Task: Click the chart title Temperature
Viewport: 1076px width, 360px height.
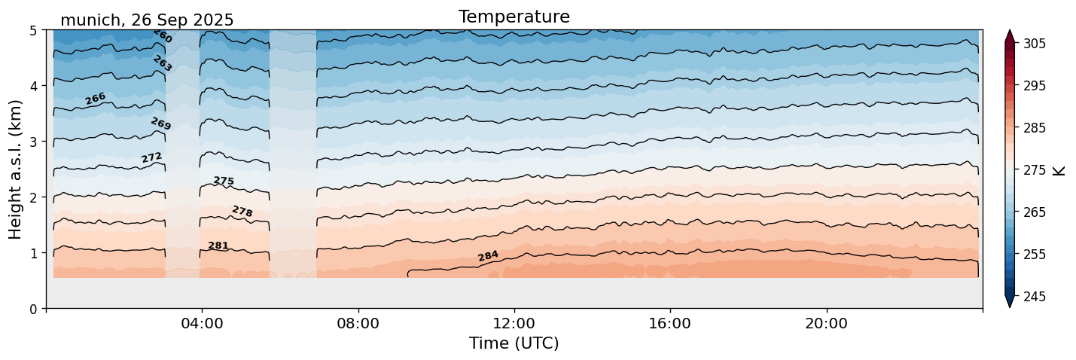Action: pos(514,17)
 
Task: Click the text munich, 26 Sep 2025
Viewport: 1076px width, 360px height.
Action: pos(147,20)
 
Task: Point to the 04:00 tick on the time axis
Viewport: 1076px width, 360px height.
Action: pos(202,323)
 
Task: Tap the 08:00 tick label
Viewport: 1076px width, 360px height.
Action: pos(358,323)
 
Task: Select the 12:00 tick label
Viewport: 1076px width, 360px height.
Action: pos(514,323)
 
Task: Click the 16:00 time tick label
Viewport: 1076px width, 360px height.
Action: pos(669,323)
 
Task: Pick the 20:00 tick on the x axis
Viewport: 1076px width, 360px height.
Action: pos(826,323)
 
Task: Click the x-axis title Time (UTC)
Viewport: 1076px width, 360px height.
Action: pos(514,343)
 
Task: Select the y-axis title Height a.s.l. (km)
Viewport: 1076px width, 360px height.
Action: pos(16,169)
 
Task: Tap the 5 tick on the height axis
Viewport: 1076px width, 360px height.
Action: pos(34,30)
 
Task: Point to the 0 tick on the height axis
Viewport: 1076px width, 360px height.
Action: pos(34,308)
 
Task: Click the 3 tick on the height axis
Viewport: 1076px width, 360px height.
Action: pos(34,142)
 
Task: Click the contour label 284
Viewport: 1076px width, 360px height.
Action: pos(488,256)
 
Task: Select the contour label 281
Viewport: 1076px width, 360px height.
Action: pos(218,246)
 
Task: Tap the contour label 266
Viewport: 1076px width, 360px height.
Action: pos(95,99)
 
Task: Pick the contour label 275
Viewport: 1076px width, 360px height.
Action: pos(224,181)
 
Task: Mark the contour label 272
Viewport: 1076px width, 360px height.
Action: pos(151,157)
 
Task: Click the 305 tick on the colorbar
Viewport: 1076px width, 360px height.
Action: pos(1033,44)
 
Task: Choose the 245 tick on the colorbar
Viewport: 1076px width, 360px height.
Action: pos(1033,297)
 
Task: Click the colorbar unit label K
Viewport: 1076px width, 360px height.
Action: pos(1059,170)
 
